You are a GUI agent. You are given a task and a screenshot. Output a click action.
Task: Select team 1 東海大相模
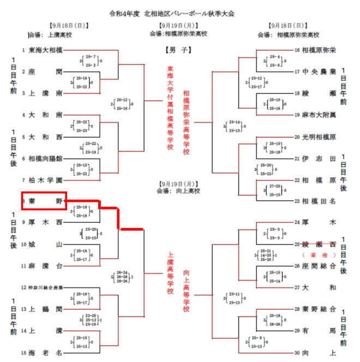tap(45, 50)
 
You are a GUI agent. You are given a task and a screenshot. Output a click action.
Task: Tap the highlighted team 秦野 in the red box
tap(44, 201)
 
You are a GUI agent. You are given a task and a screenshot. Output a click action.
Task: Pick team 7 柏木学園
tap(45, 179)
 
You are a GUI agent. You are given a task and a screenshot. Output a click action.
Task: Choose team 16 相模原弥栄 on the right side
tap(319, 50)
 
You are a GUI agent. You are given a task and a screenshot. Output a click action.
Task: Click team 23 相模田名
tap(319, 201)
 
